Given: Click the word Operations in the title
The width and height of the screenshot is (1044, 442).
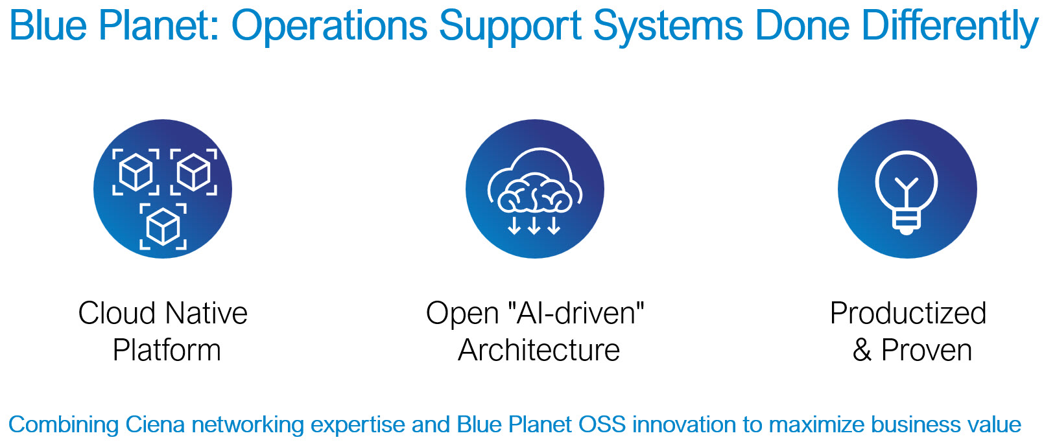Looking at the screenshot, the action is click(329, 27).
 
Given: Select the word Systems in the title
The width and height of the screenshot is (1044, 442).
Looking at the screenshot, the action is click(668, 27).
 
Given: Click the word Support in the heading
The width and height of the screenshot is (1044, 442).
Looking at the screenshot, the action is click(510, 27).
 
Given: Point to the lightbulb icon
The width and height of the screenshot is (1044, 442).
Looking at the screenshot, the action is click(907, 192).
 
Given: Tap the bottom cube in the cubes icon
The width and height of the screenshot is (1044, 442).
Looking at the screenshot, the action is click(163, 226).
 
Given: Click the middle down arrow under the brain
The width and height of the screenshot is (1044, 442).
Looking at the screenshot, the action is click(534, 224).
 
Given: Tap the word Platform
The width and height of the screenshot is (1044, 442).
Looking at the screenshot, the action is click(167, 350).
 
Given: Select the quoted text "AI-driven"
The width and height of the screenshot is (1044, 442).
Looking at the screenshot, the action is click(576, 313).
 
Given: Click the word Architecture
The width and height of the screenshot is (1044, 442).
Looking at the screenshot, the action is click(538, 350).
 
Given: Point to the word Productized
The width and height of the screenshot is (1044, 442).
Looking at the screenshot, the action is click(908, 313).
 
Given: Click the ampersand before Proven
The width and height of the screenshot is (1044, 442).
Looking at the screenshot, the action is click(862, 350).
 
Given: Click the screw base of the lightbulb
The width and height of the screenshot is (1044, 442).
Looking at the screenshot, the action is click(906, 222).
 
